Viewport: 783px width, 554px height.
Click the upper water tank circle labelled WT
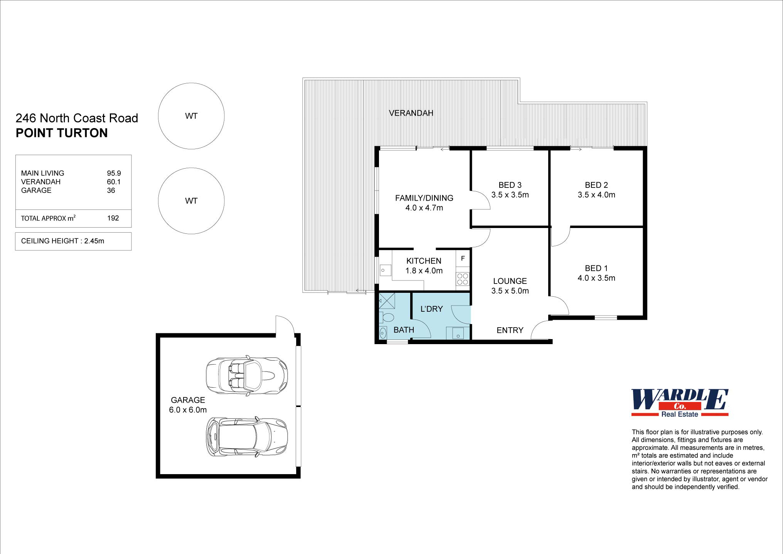click(191, 116)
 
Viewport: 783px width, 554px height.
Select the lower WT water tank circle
click(191, 201)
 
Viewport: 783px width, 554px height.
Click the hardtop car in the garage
click(247, 436)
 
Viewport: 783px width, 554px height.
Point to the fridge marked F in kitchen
click(463, 258)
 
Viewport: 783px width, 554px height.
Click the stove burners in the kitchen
click(463, 279)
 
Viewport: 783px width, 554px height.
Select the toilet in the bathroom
click(387, 318)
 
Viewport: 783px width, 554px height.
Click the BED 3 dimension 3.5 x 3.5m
click(510, 195)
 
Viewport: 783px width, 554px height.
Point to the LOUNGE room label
click(510, 281)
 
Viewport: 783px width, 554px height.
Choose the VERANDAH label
click(411, 113)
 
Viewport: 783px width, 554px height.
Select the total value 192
click(113, 218)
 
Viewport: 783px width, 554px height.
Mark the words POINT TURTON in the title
click(62, 133)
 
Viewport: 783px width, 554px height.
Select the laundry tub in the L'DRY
click(458, 333)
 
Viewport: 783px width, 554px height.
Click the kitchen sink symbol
click(385, 270)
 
